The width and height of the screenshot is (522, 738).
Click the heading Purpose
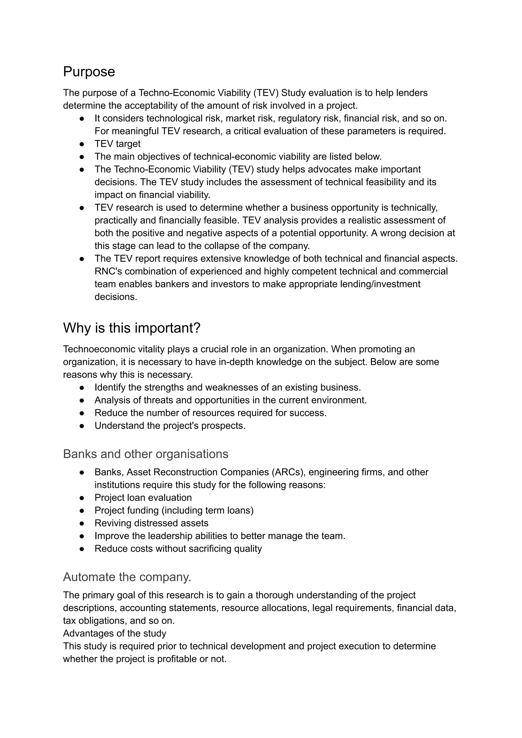pyautogui.click(x=89, y=72)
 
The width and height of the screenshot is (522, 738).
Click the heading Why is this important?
pyautogui.click(x=132, y=328)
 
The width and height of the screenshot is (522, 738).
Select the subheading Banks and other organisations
pyautogui.click(x=145, y=454)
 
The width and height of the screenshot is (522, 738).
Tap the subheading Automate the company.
pyautogui.click(x=127, y=577)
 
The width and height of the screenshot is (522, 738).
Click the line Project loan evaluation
pyautogui.click(x=143, y=498)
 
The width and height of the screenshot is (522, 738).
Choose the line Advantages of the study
pyautogui.click(x=114, y=633)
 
